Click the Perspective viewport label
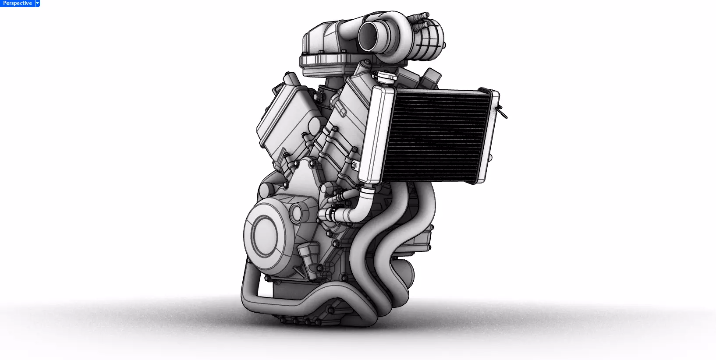(17, 3)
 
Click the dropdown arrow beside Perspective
(37, 3)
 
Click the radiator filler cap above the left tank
(388, 78)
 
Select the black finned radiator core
(440, 134)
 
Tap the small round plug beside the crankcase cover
(296, 213)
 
